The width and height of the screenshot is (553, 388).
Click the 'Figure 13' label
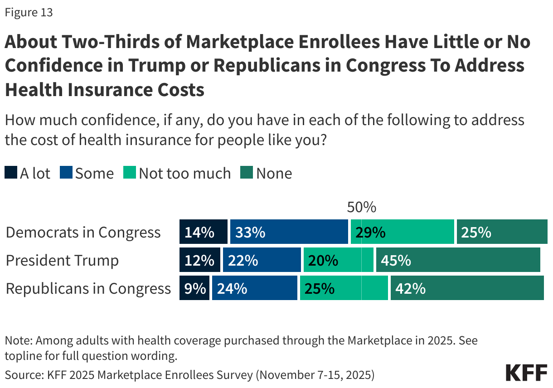29,13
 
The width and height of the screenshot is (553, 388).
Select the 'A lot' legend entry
28,173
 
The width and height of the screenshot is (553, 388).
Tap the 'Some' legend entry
87,173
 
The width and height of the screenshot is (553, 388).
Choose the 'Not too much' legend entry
178,173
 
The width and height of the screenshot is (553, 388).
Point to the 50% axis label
361,207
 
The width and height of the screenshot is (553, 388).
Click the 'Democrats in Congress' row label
83,232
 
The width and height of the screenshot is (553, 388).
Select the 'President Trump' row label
63,260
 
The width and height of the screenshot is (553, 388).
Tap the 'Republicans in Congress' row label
88,288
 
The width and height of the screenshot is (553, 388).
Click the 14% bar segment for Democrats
203,232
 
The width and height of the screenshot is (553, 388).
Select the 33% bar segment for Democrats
289,232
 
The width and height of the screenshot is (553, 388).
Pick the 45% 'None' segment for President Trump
458,260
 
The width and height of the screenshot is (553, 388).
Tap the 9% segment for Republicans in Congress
194,288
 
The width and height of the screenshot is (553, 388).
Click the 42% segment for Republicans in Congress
467,288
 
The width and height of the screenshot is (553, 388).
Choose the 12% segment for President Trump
200,260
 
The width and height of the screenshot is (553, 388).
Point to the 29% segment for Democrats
402,232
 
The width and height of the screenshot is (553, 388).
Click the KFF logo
526,372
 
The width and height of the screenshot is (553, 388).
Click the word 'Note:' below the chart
18,340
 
